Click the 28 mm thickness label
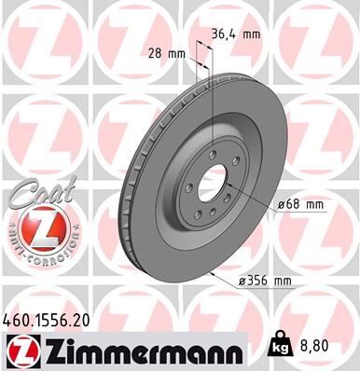click(159, 53)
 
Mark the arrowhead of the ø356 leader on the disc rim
click(215, 273)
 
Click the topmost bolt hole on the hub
click(215, 143)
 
